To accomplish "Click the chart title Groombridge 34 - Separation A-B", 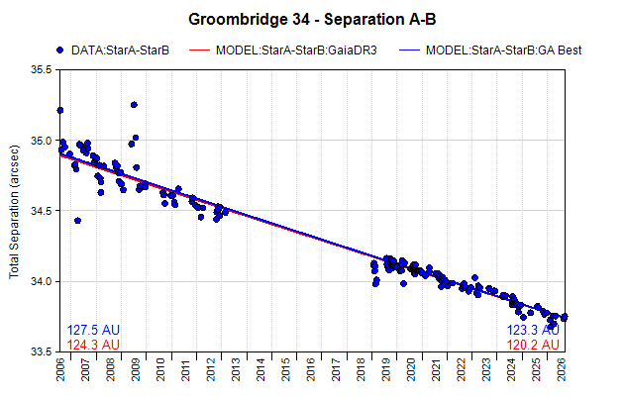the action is click(x=312, y=19).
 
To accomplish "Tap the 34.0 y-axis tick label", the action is click(x=42, y=281).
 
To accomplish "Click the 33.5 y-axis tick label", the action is click(x=42, y=352).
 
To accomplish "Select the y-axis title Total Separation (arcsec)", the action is click(x=14, y=212).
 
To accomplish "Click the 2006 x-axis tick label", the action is click(x=60, y=369).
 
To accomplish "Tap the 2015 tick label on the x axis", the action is click(x=285, y=369).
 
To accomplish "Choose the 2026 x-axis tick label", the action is click(x=562, y=369).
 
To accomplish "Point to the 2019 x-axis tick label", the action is click(x=386, y=369).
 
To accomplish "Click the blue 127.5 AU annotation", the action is click(x=93, y=330).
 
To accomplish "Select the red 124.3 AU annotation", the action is click(x=93, y=345).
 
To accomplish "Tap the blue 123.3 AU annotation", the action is click(x=533, y=330).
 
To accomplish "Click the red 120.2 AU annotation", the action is click(x=533, y=345).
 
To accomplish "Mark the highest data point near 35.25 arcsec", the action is click(x=134, y=105).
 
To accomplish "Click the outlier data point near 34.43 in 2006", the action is click(x=78, y=221).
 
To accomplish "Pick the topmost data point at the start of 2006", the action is click(x=60, y=110).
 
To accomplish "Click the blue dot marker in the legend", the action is click(x=60, y=50).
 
